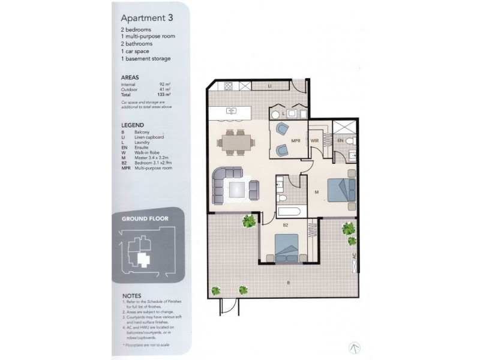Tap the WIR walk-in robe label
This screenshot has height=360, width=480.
click(x=314, y=142)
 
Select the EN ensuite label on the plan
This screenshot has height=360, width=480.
click(x=340, y=142)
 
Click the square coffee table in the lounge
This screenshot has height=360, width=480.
click(x=236, y=189)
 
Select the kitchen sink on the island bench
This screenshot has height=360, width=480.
click(x=232, y=111)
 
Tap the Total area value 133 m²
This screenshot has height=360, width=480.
click(x=164, y=95)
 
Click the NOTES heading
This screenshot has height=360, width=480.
click(x=132, y=296)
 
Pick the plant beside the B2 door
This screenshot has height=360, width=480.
click(x=249, y=222)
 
